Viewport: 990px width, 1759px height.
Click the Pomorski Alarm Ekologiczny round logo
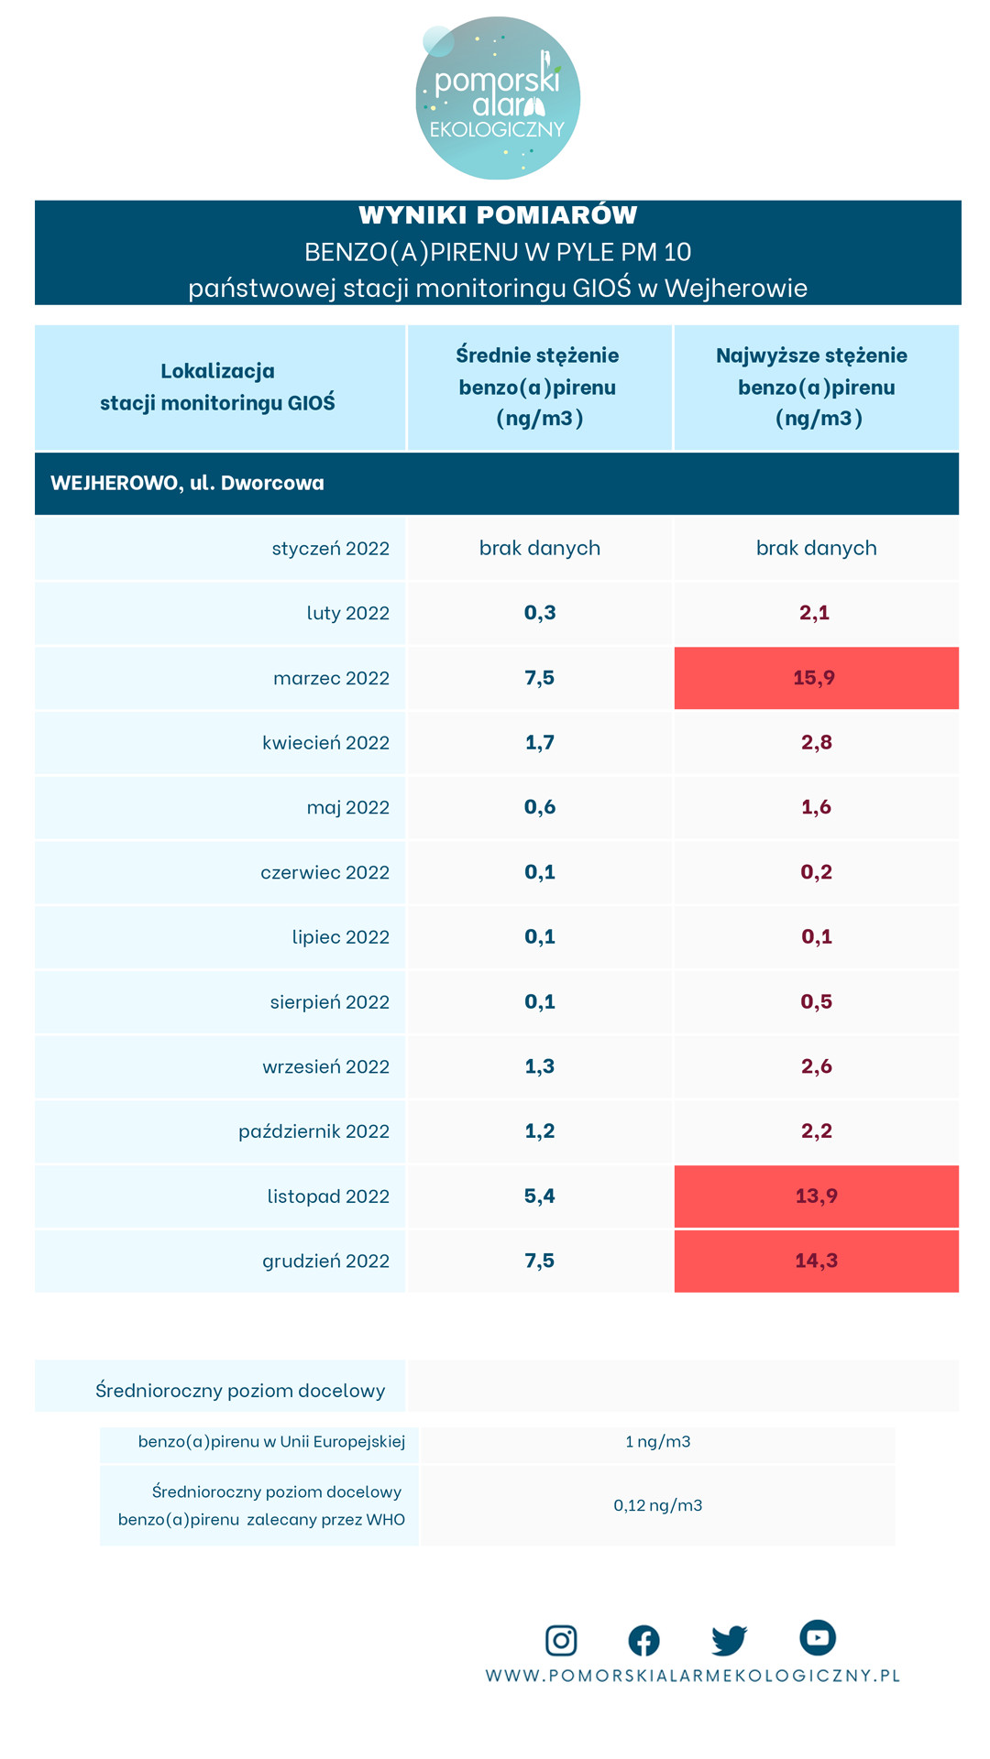coord(498,98)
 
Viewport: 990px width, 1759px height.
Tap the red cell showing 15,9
coord(816,678)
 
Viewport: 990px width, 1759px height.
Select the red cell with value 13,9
coord(816,1196)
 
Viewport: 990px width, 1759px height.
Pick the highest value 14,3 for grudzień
coord(816,1261)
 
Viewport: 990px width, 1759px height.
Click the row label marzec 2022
coord(331,678)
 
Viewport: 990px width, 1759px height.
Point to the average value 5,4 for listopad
coord(540,1196)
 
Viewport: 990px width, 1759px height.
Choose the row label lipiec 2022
coord(340,937)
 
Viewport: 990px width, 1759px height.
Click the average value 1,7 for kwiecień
coord(540,742)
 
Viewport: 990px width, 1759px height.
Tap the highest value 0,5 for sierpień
coord(816,1001)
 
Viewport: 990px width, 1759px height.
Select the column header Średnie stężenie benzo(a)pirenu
coord(538,387)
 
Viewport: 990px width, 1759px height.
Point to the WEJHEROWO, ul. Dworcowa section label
coord(188,483)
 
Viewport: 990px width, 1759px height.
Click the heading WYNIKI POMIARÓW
coord(498,215)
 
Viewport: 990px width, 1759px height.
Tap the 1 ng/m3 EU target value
coord(657,1441)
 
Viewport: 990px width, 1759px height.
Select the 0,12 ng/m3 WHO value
coord(657,1505)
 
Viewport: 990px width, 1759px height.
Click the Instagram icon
coord(561,1640)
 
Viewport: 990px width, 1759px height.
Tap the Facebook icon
coord(643,1640)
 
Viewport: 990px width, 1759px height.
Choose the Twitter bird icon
coord(729,1640)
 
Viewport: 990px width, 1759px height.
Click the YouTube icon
coord(817,1637)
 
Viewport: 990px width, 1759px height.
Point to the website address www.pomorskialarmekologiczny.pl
coord(692,1676)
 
